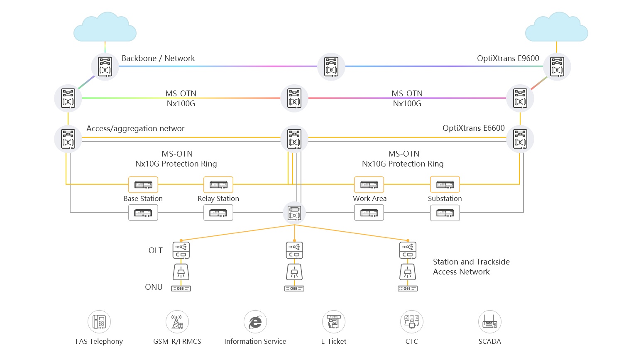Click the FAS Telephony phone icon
(x=99, y=322)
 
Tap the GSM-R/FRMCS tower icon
(x=177, y=322)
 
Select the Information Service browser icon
(x=255, y=322)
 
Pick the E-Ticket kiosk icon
(x=334, y=322)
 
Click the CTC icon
(x=412, y=322)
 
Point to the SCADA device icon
(x=490, y=322)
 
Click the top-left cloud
(x=105, y=28)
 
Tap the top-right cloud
(x=557, y=28)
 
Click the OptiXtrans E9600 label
(x=508, y=59)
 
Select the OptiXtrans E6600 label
(x=473, y=128)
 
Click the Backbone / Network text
(x=158, y=59)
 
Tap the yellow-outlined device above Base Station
(x=143, y=184)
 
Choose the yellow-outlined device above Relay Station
(x=218, y=184)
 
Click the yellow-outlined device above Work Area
(x=369, y=184)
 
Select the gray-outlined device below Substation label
(x=445, y=213)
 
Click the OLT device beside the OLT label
(x=181, y=250)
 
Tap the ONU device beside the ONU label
(x=181, y=288)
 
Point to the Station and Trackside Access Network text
(x=471, y=267)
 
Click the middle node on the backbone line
(x=331, y=66)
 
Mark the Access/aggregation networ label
(x=135, y=129)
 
